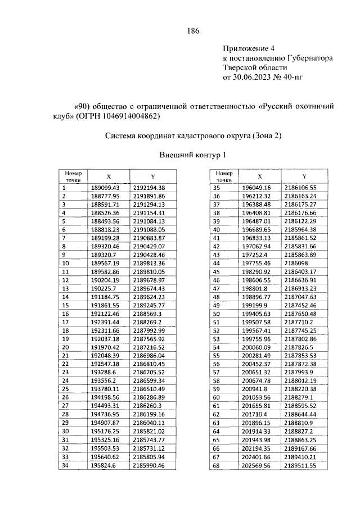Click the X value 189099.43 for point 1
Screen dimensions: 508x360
pyautogui.click(x=105, y=187)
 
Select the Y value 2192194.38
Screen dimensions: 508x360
pyautogui.click(x=149, y=187)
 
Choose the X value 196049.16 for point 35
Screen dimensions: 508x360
pyautogui.click(x=256, y=187)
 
